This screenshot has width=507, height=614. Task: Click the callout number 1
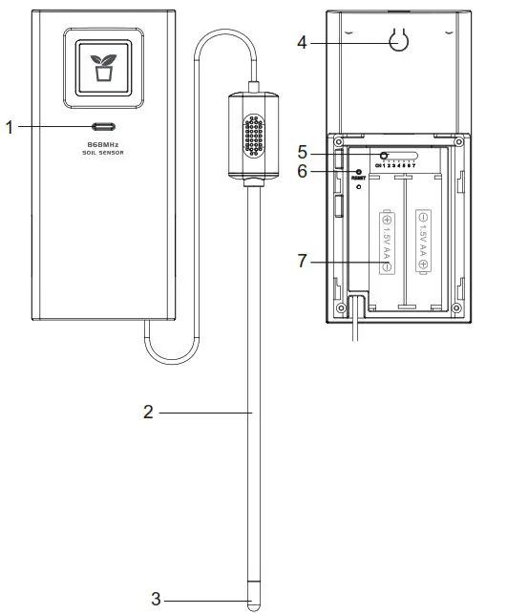click(x=11, y=126)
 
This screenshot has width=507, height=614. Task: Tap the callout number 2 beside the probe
click(x=149, y=413)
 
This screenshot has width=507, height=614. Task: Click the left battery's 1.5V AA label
click(x=387, y=241)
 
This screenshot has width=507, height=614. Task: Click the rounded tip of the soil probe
click(x=253, y=602)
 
